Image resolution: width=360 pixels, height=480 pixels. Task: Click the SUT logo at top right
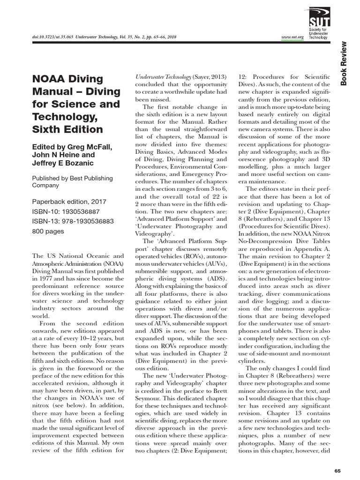click(x=313, y=19)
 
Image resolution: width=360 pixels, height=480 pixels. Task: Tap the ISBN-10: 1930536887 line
click(x=66, y=211)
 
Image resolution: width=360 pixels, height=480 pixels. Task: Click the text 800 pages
click(x=47, y=231)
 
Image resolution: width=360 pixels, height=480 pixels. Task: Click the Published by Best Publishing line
click(x=72, y=178)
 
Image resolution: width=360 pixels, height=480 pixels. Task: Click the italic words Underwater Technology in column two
click(x=162, y=76)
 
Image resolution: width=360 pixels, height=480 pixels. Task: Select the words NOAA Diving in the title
click(x=67, y=79)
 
